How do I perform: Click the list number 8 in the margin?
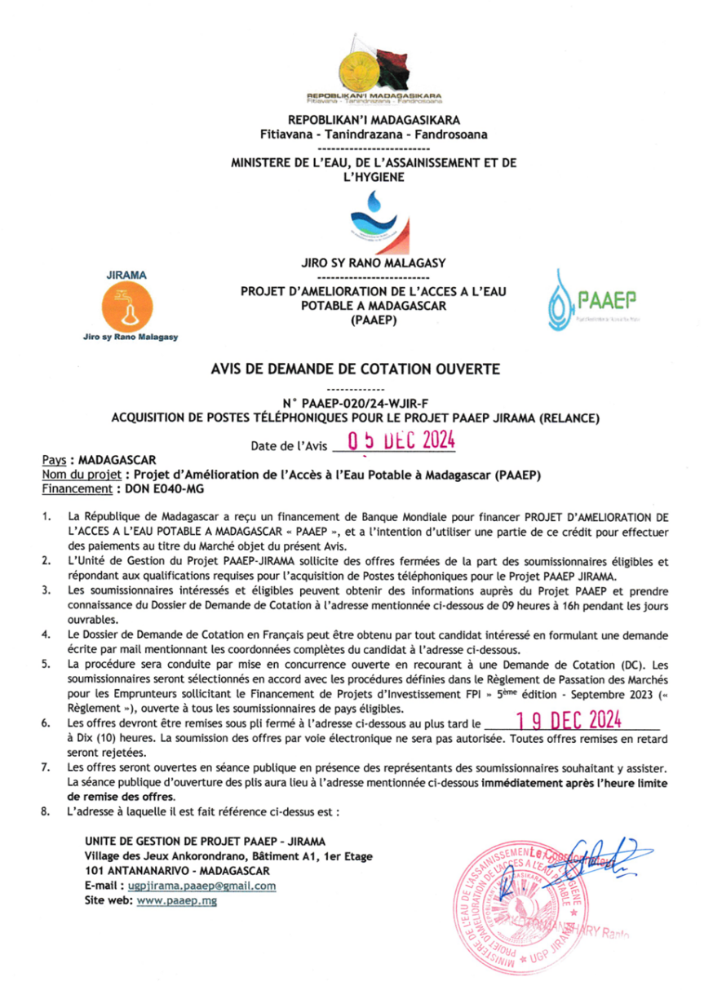47,813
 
